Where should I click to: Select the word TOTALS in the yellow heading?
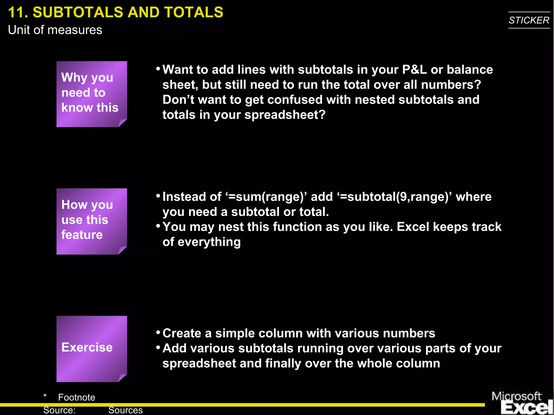pos(193,12)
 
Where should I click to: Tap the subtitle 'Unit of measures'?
pos(55,30)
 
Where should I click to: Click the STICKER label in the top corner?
pos(529,20)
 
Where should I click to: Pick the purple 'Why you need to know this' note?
pos(92,94)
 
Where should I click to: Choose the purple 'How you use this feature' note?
pos(92,221)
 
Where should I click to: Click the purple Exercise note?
pos(92,348)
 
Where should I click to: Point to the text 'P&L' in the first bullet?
pos(414,70)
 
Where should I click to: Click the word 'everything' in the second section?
pos(209,242)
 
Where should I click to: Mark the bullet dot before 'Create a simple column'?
pos(158,332)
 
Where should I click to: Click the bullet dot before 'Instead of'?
pos(158,195)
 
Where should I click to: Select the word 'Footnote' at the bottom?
pos(77,397)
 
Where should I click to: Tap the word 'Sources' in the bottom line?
pos(125,410)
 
